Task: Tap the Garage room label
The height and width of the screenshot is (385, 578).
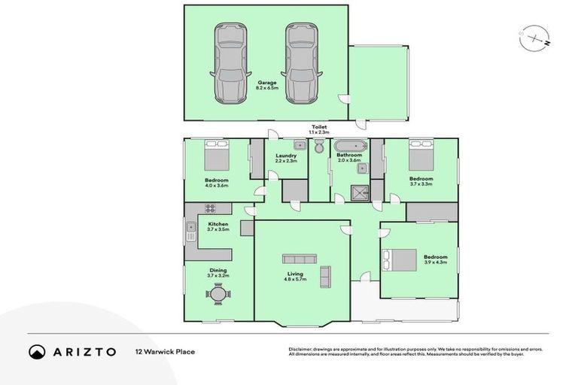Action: (x=267, y=85)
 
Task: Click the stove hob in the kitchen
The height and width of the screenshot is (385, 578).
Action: (x=211, y=208)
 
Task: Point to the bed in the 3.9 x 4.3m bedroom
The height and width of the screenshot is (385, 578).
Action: (x=400, y=260)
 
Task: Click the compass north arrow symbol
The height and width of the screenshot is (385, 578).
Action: (x=534, y=35)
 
